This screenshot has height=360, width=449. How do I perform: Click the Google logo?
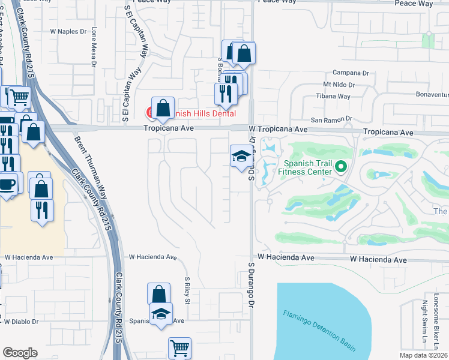point(20,353)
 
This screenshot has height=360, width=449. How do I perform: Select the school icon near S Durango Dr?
point(241,156)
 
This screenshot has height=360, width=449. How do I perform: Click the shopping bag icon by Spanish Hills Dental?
point(163,108)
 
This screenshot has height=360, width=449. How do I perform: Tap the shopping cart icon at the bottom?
point(179,347)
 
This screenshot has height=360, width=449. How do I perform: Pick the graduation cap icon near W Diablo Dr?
point(160,314)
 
